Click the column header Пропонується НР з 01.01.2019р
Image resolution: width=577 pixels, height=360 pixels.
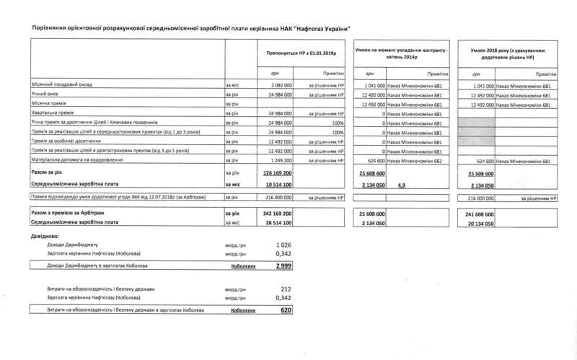tap(303, 53)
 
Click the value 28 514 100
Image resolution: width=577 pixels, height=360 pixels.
tap(278, 225)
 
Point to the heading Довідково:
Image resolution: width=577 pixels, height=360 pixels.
tap(45, 236)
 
